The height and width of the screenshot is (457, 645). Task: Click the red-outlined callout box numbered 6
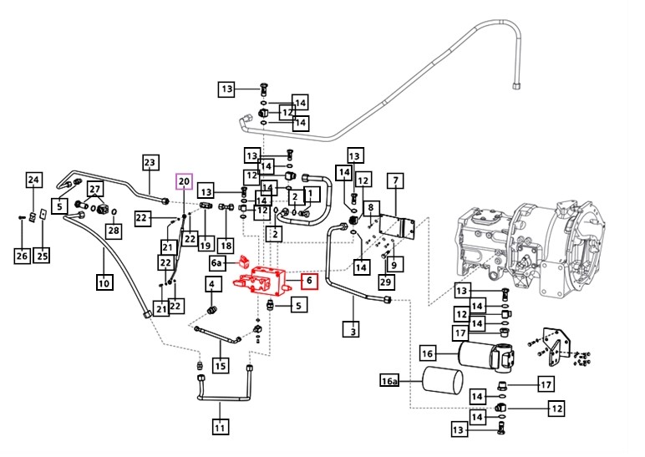click(308, 281)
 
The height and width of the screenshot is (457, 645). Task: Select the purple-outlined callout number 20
click(184, 181)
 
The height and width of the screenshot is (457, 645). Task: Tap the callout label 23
click(150, 163)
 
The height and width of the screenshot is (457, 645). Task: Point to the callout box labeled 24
click(33, 180)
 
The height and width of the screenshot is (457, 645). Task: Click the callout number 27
click(95, 189)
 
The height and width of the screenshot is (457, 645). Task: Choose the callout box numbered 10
click(104, 282)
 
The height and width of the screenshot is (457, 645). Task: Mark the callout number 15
click(220, 365)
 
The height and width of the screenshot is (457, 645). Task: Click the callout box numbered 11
click(220, 429)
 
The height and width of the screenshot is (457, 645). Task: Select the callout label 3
click(353, 332)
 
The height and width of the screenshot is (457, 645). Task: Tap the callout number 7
click(394, 180)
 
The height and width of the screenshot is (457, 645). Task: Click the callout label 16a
click(390, 382)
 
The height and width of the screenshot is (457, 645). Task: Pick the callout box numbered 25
click(42, 255)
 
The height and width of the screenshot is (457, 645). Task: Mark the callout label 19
click(205, 245)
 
